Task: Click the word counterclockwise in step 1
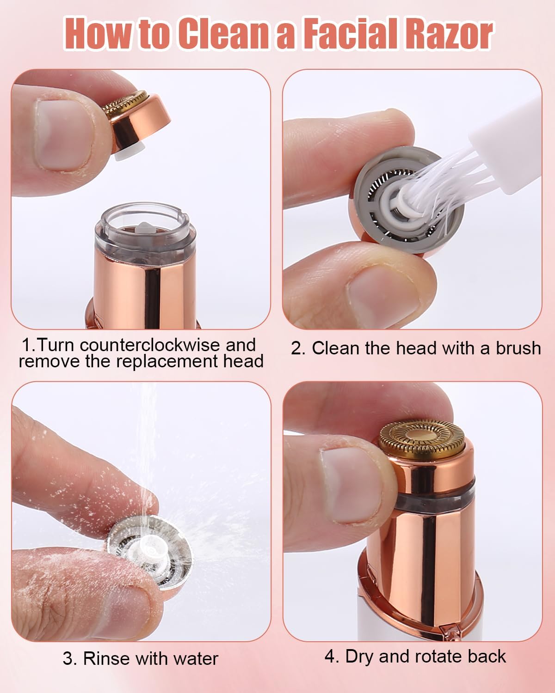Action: pyautogui.click(x=150, y=345)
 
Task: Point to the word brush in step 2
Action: pyautogui.click(x=518, y=348)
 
